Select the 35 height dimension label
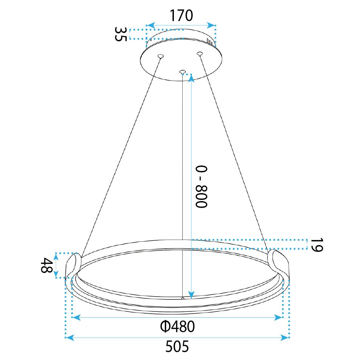(x=121, y=34)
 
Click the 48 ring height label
(x=46, y=266)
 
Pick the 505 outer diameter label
(x=177, y=347)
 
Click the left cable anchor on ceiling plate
(x=160, y=56)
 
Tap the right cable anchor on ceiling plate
(x=199, y=54)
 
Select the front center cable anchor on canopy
(x=182, y=72)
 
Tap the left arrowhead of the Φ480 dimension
(x=76, y=318)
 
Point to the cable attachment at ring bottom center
(x=183, y=298)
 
